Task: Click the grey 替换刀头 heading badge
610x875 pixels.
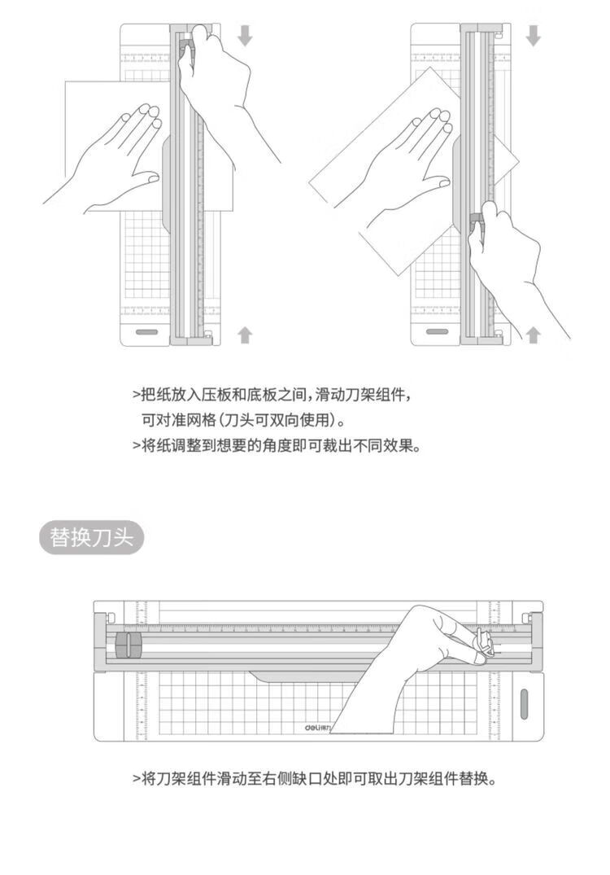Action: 91,537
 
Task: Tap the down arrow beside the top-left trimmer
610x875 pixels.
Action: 245,35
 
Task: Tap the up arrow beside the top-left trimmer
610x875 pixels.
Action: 245,335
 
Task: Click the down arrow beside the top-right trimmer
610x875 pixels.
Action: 534,35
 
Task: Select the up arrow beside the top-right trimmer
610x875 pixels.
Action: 534,335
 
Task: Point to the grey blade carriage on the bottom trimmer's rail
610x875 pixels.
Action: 129,645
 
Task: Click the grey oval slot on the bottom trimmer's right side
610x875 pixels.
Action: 524,704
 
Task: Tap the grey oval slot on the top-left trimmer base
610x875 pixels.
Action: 147,331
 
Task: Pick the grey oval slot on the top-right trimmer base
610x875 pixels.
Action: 437,331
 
